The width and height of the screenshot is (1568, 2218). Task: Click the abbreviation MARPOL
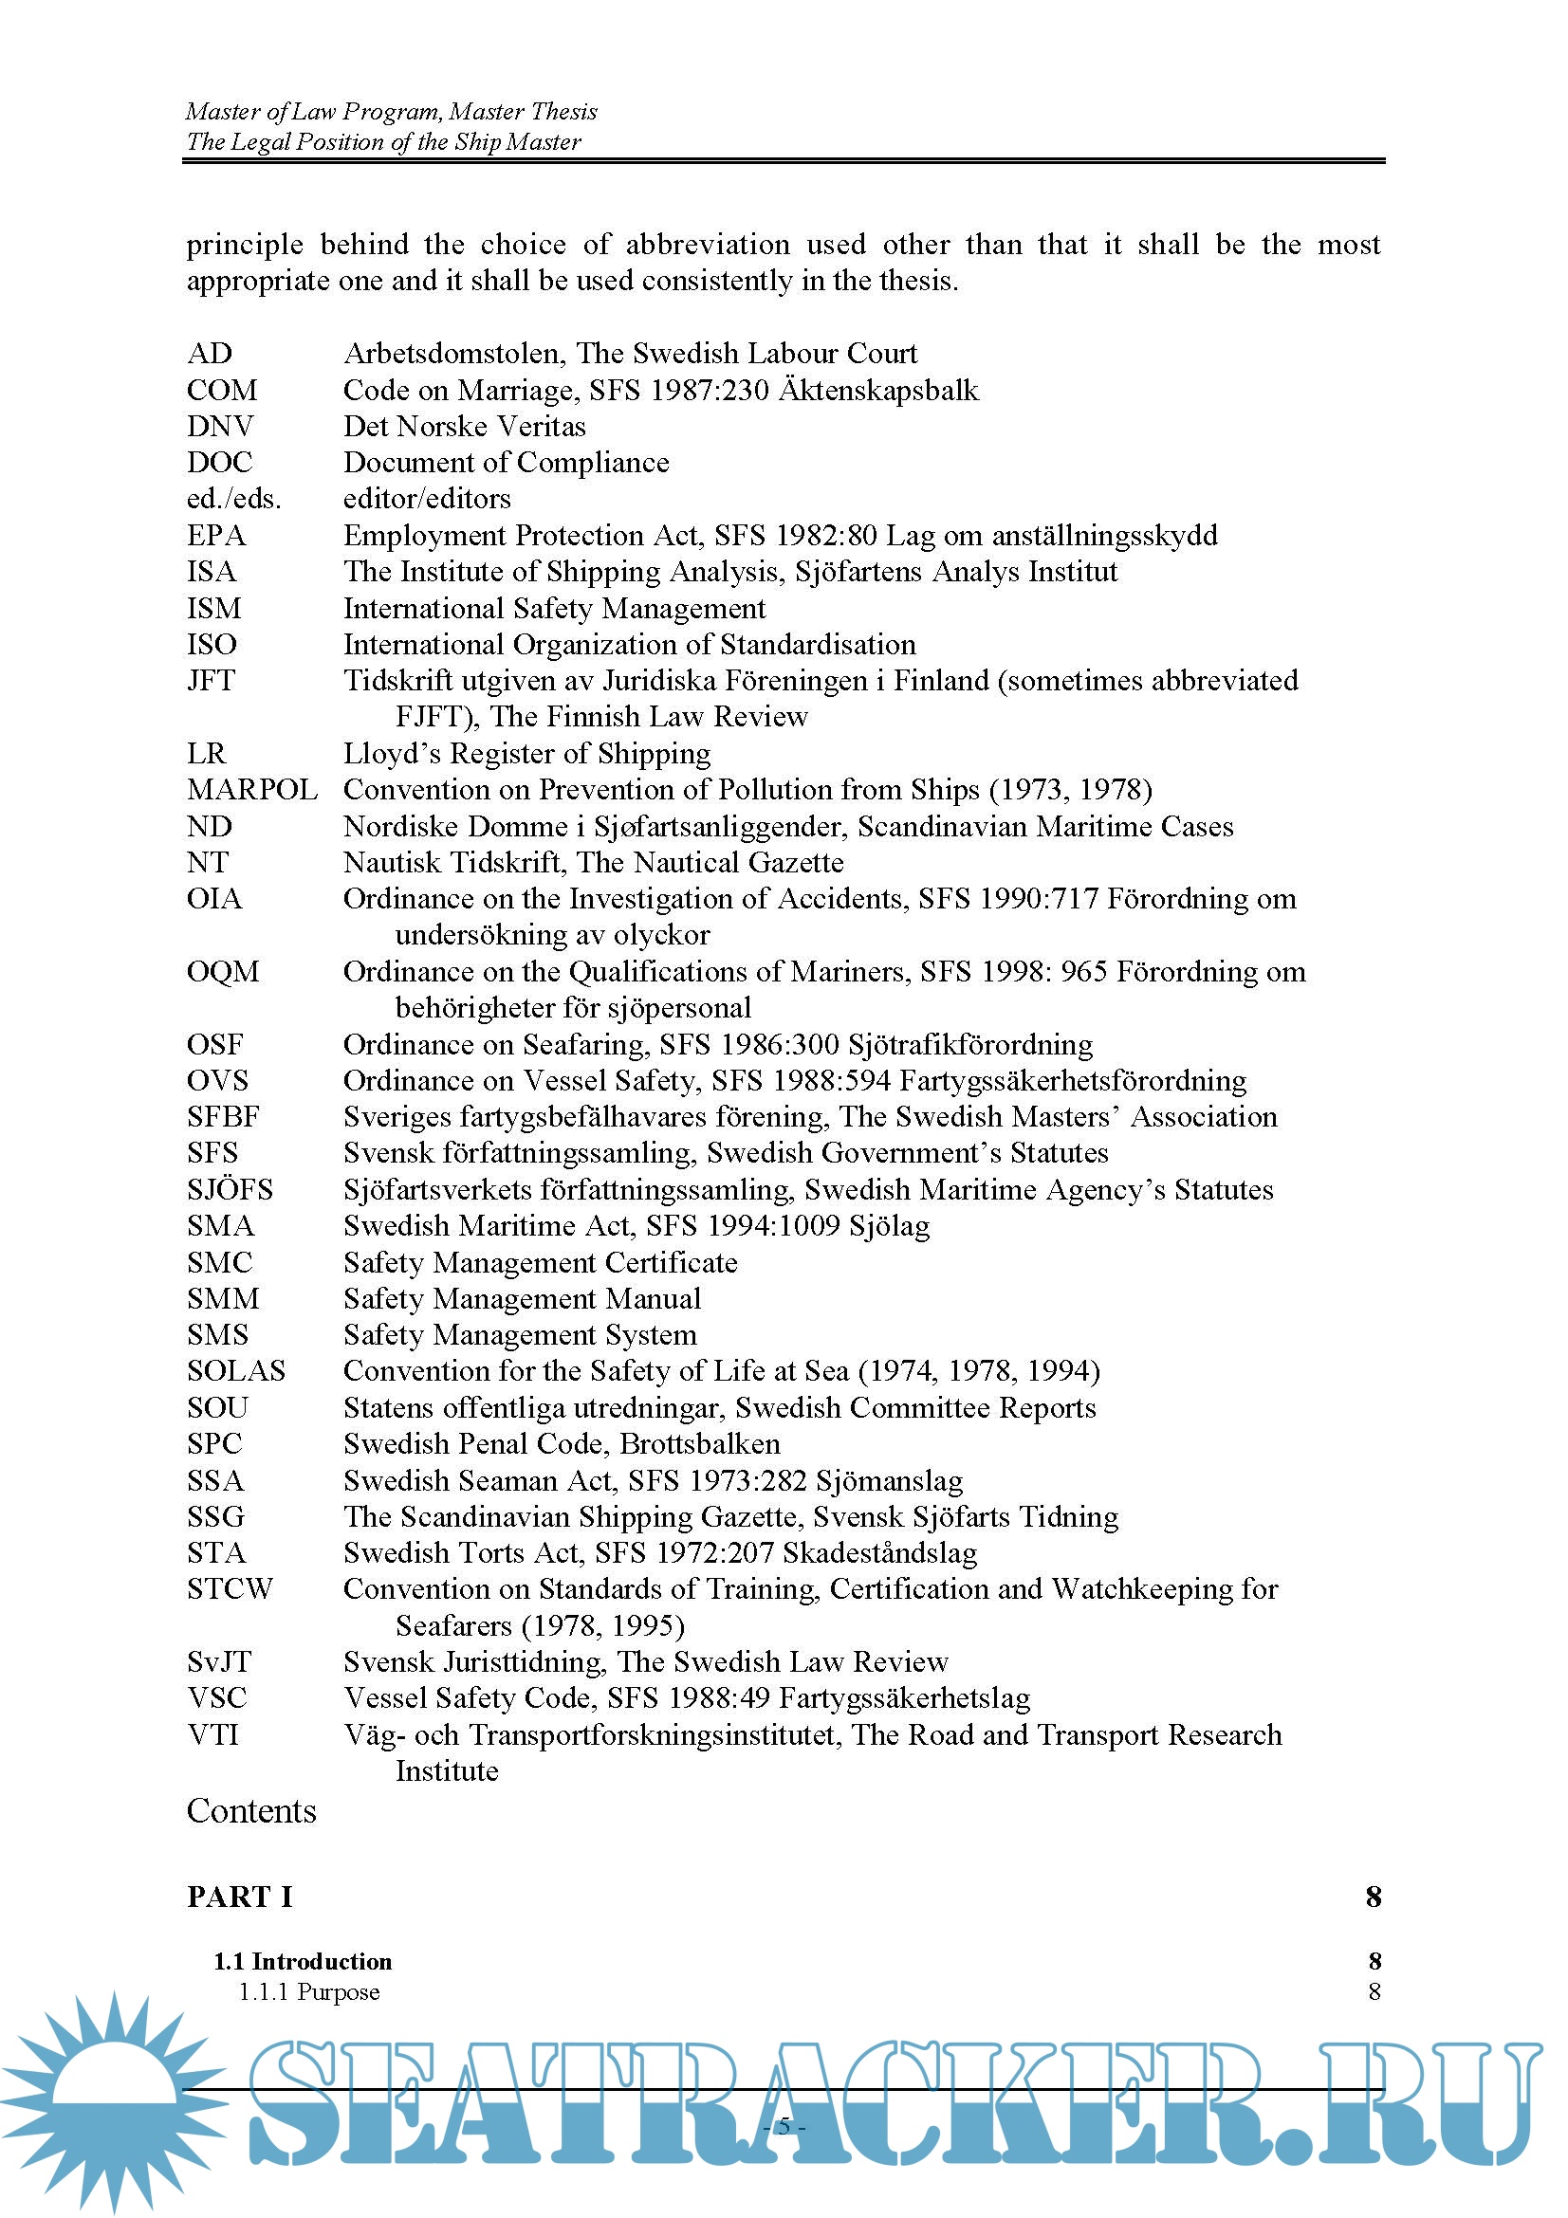(252, 789)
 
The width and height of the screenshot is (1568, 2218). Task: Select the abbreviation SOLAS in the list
(236, 1371)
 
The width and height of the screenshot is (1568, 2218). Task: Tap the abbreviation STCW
(230, 1589)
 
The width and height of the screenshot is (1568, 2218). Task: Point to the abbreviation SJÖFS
(230, 1189)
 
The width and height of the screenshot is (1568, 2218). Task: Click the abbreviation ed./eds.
(233, 499)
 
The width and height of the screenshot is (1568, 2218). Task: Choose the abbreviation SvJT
(219, 1661)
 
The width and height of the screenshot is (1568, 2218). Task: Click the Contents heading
(251, 1810)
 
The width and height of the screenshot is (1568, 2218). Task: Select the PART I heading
(240, 1897)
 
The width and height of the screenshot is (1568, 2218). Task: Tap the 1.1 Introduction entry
(303, 1961)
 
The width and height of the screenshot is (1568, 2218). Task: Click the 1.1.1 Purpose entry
(309, 1991)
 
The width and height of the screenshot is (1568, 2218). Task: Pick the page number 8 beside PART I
(1373, 1897)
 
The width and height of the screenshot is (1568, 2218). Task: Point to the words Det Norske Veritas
(465, 426)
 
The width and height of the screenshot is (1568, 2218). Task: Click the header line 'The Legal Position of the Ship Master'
(383, 142)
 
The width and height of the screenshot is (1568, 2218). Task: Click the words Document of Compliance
(507, 463)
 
